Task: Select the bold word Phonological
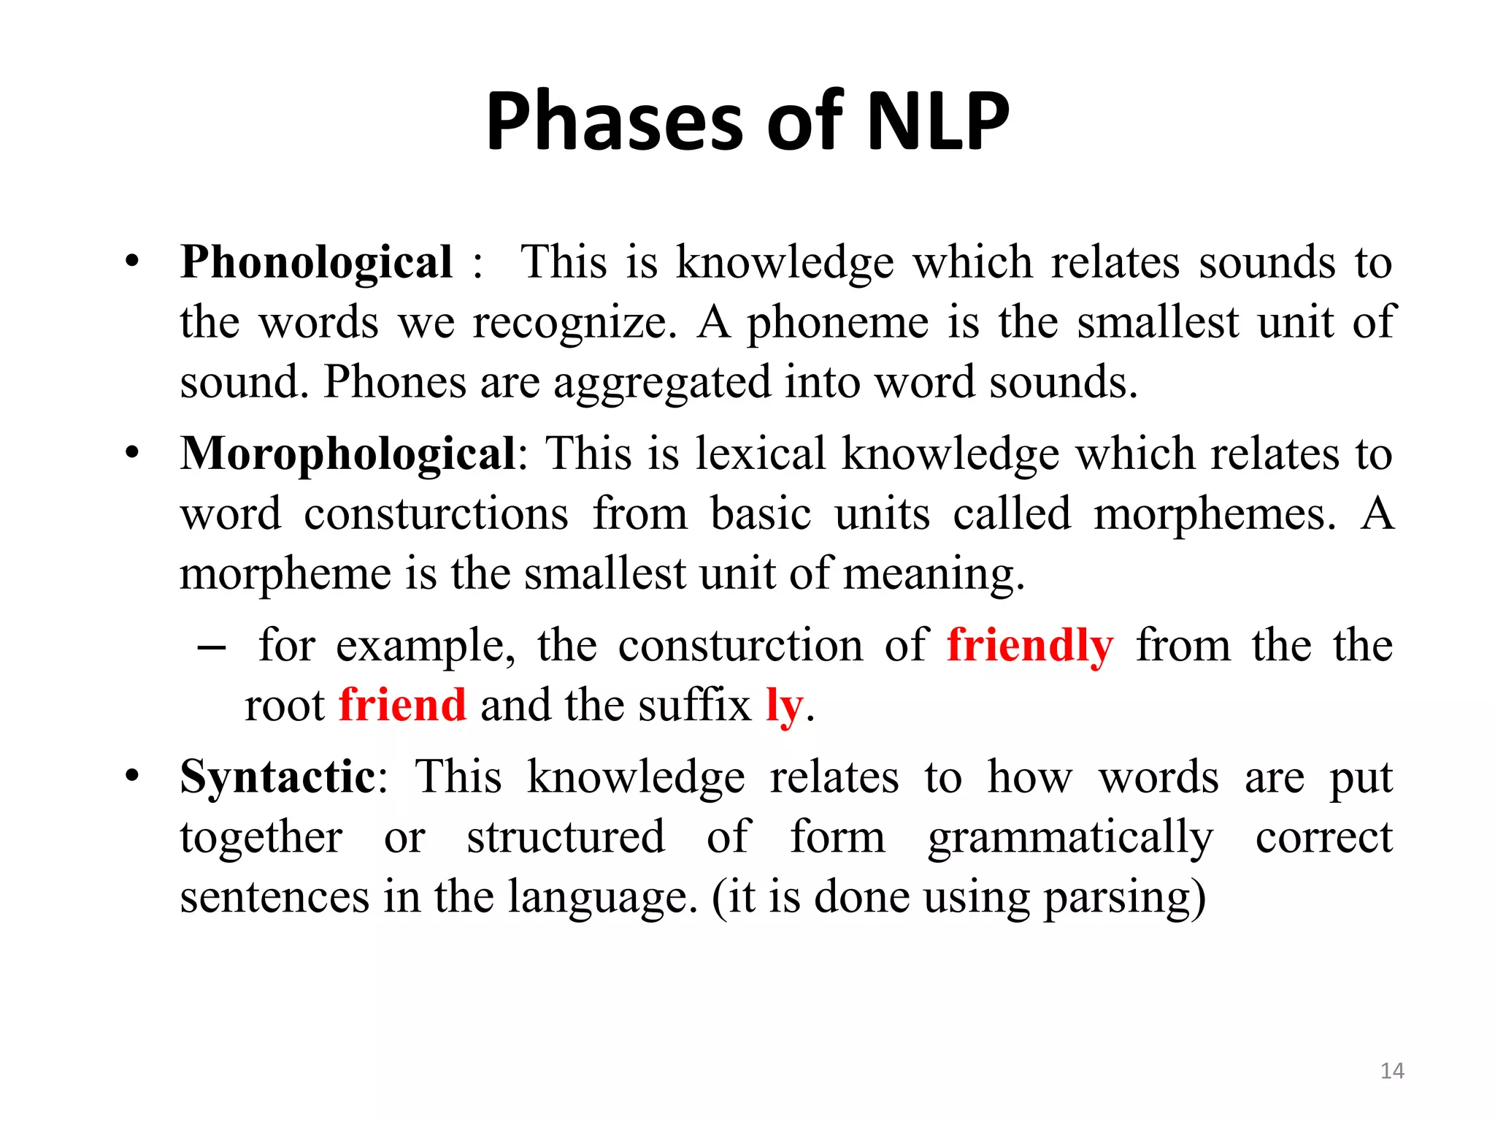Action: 316,262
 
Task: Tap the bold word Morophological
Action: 348,454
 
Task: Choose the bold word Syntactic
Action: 277,776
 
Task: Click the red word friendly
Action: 1030,646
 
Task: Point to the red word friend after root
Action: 402,706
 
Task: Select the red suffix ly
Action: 784,706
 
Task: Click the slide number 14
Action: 1392,1071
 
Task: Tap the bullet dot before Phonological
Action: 131,261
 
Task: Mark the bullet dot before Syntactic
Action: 131,775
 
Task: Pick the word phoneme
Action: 837,322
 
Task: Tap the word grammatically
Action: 1070,836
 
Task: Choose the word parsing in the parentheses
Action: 1116,897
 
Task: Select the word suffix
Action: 694,706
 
